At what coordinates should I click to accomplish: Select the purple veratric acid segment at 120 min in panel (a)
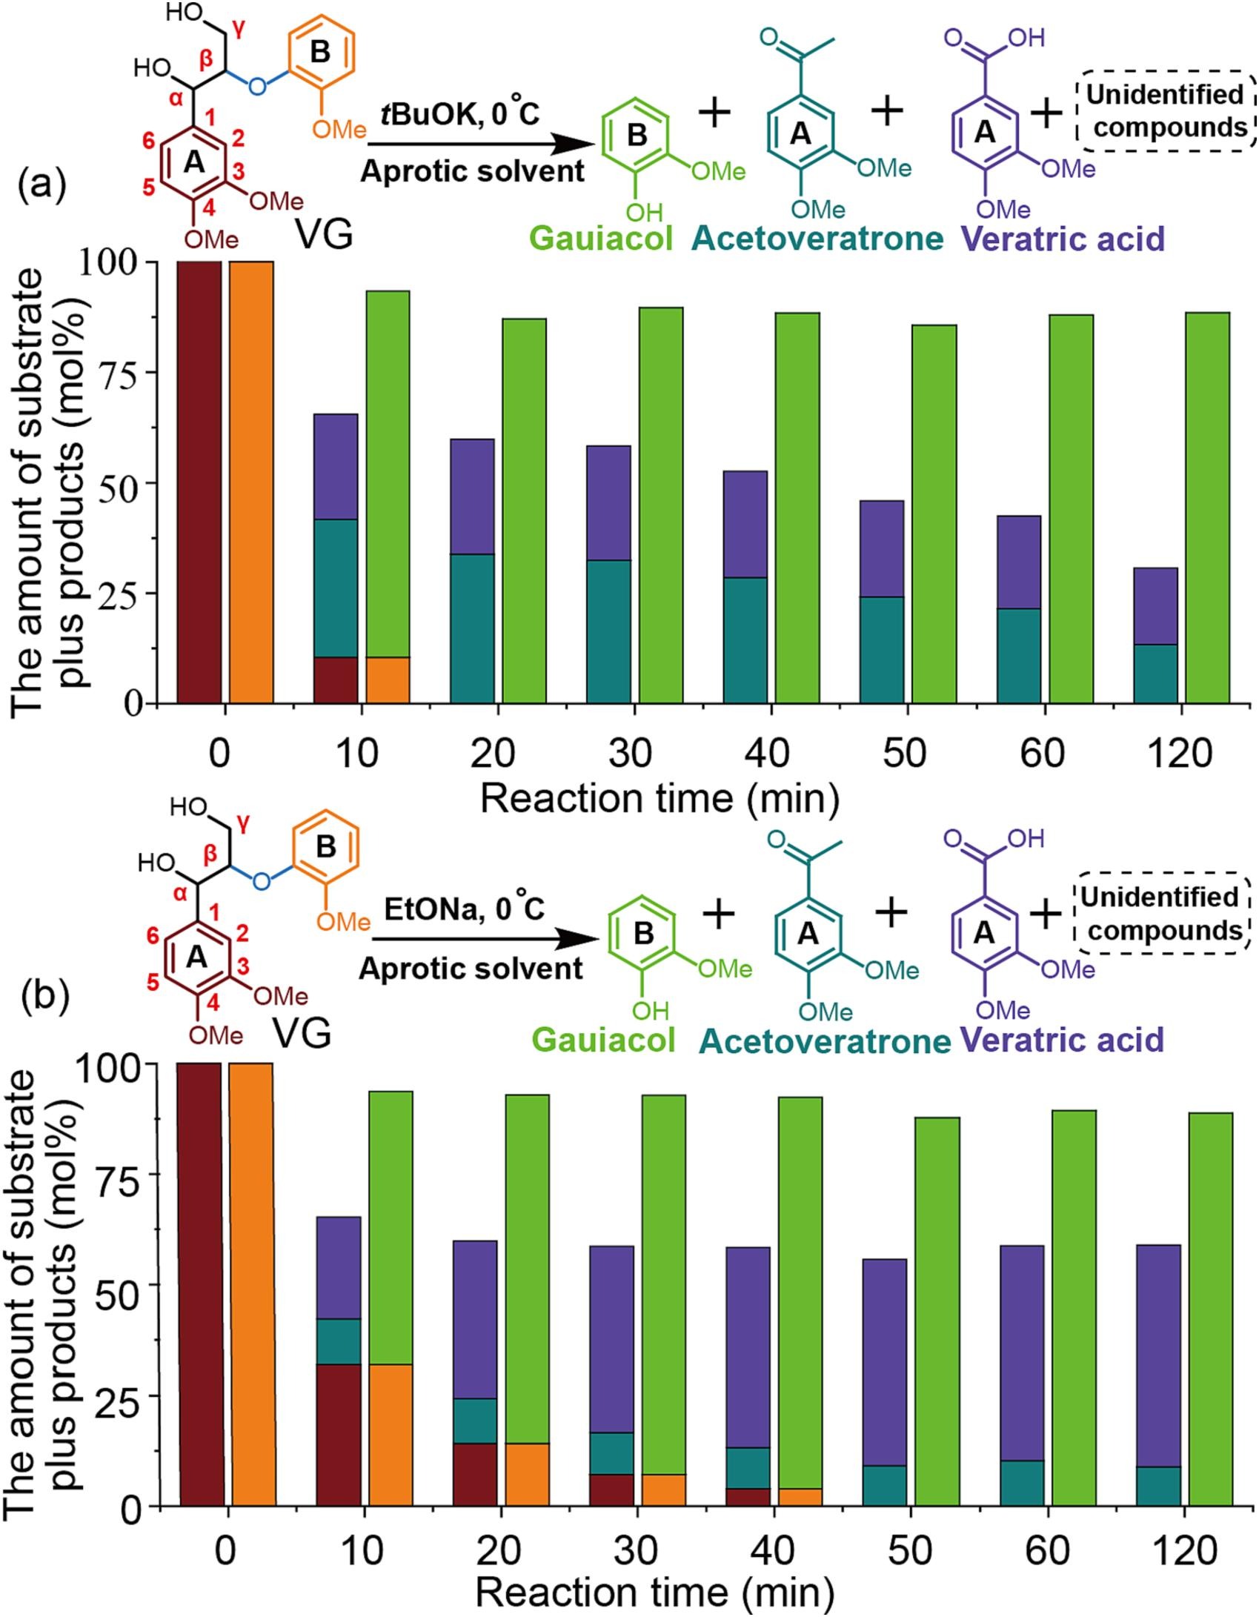(x=1155, y=605)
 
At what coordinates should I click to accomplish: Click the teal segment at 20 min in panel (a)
(x=472, y=628)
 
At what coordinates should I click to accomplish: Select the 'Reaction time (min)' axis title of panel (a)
(x=660, y=799)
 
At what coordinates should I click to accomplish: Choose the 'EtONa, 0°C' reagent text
(x=465, y=909)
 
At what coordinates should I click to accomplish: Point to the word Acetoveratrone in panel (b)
(x=825, y=1041)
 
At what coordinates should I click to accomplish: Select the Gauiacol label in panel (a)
(x=601, y=239)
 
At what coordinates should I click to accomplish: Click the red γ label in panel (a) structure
(x=239, y=29)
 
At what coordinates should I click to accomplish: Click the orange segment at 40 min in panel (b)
(x=800, y=1495)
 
